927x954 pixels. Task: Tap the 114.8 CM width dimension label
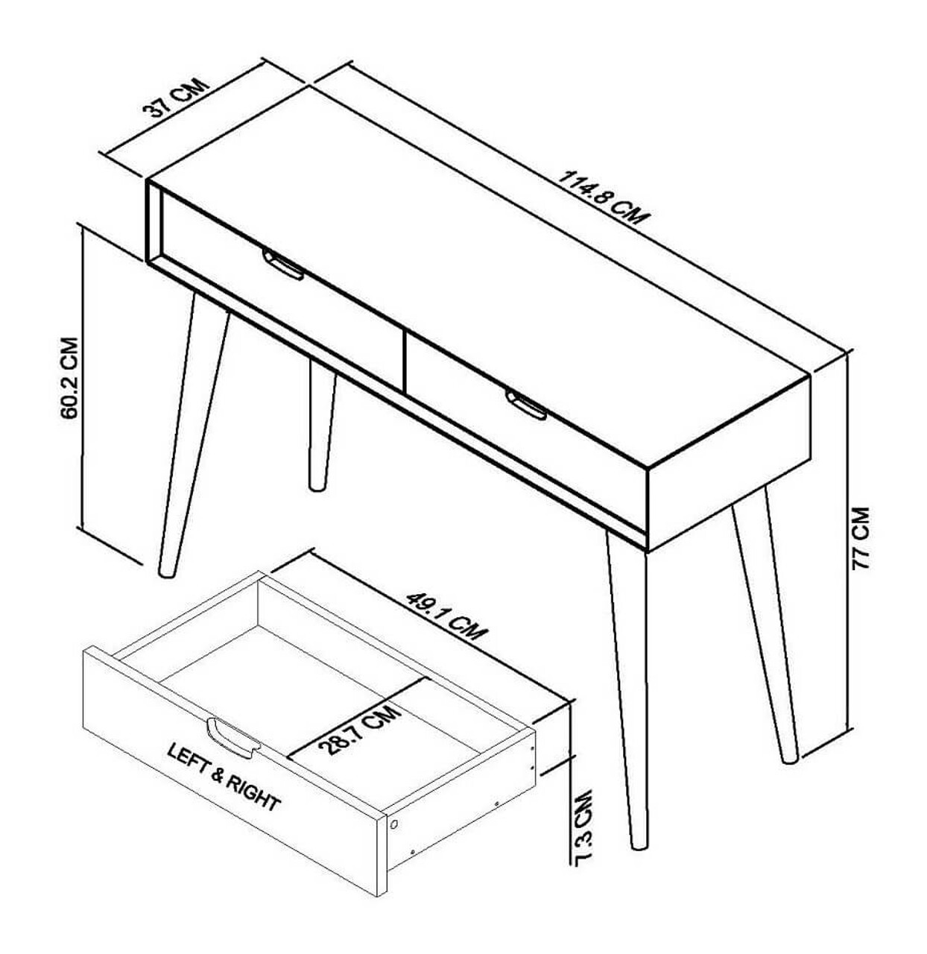click(x=604, y=198)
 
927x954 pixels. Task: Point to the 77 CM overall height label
click(x=861, y=538)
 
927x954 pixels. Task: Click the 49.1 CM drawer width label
click(x=446, y=616)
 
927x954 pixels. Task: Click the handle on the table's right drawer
click(x=526, y=405)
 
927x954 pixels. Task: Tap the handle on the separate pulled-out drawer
click(x=232, y=738)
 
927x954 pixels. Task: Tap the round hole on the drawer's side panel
click(x=394, y=824)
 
